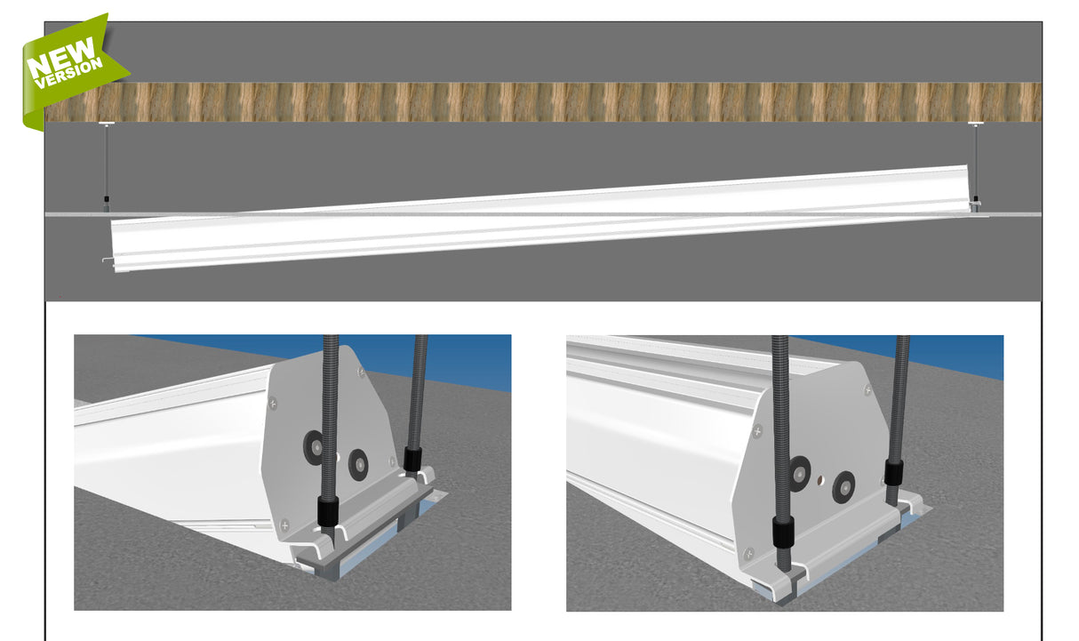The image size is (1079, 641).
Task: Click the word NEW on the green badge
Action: tap(60, 57)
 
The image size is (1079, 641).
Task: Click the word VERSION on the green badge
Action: tap(69, 73)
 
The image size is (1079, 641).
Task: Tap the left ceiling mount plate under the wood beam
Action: tap(107, 124)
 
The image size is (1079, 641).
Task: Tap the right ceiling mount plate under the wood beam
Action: tap(976, 124)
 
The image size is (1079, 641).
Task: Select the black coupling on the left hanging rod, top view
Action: tap(107, 199)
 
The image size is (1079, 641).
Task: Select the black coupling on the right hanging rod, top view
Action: tap(976, 198)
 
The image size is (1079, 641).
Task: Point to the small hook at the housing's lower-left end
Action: tap(108, 260)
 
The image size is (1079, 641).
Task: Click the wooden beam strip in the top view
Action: tap(543, 101)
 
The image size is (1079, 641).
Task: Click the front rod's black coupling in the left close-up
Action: tap(328, 511)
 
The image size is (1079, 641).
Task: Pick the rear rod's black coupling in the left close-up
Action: tap(412, 460)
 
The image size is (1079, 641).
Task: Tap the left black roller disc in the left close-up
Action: tap(313, 447)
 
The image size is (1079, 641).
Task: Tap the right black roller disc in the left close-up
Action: tap(358, 465)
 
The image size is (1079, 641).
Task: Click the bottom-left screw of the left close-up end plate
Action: tap(284, 525)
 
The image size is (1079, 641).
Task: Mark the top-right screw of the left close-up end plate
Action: tap(361, 373)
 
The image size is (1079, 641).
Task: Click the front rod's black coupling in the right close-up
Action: tap(783, 532)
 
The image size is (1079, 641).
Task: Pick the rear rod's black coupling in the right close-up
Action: tap(893, 472)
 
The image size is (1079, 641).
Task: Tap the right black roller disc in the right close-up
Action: tap(844, 487)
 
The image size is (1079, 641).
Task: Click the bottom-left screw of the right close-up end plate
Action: tap(748, 554)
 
